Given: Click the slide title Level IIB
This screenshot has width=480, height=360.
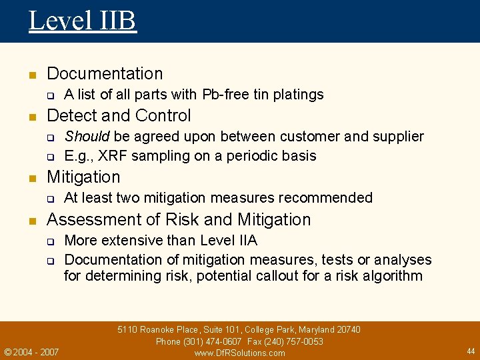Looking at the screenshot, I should coord(82,20).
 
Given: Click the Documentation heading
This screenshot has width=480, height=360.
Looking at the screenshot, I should coord(105,73).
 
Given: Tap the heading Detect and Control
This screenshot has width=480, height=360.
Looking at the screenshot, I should coord(119,115).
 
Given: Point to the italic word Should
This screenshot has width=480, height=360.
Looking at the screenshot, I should coord(87,137).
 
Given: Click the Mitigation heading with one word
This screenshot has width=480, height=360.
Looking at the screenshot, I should coord(83,177).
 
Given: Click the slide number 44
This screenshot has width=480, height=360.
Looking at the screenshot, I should coord(471,351).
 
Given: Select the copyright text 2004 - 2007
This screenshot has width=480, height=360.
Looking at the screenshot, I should coord(35,352).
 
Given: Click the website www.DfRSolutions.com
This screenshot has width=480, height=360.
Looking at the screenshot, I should coord(239,353).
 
